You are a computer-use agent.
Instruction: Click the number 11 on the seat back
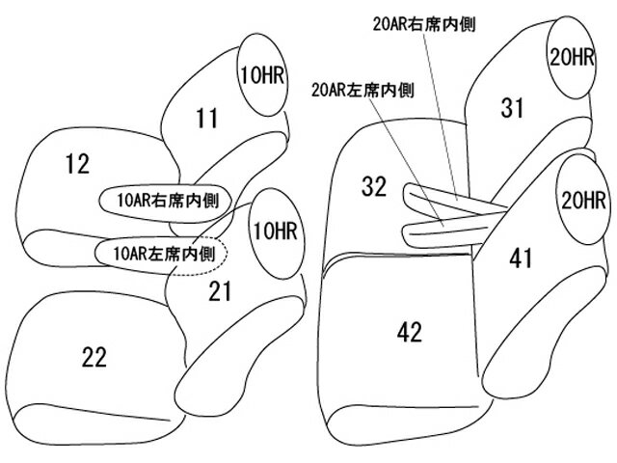point(205,119)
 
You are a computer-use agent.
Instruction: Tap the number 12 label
point(78,164)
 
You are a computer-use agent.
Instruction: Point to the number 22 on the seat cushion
point(94,357)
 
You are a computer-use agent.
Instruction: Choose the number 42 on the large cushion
point(410,333)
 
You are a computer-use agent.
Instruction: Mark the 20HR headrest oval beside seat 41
point(581,202)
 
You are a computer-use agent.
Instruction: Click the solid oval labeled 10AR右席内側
point(163,201)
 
